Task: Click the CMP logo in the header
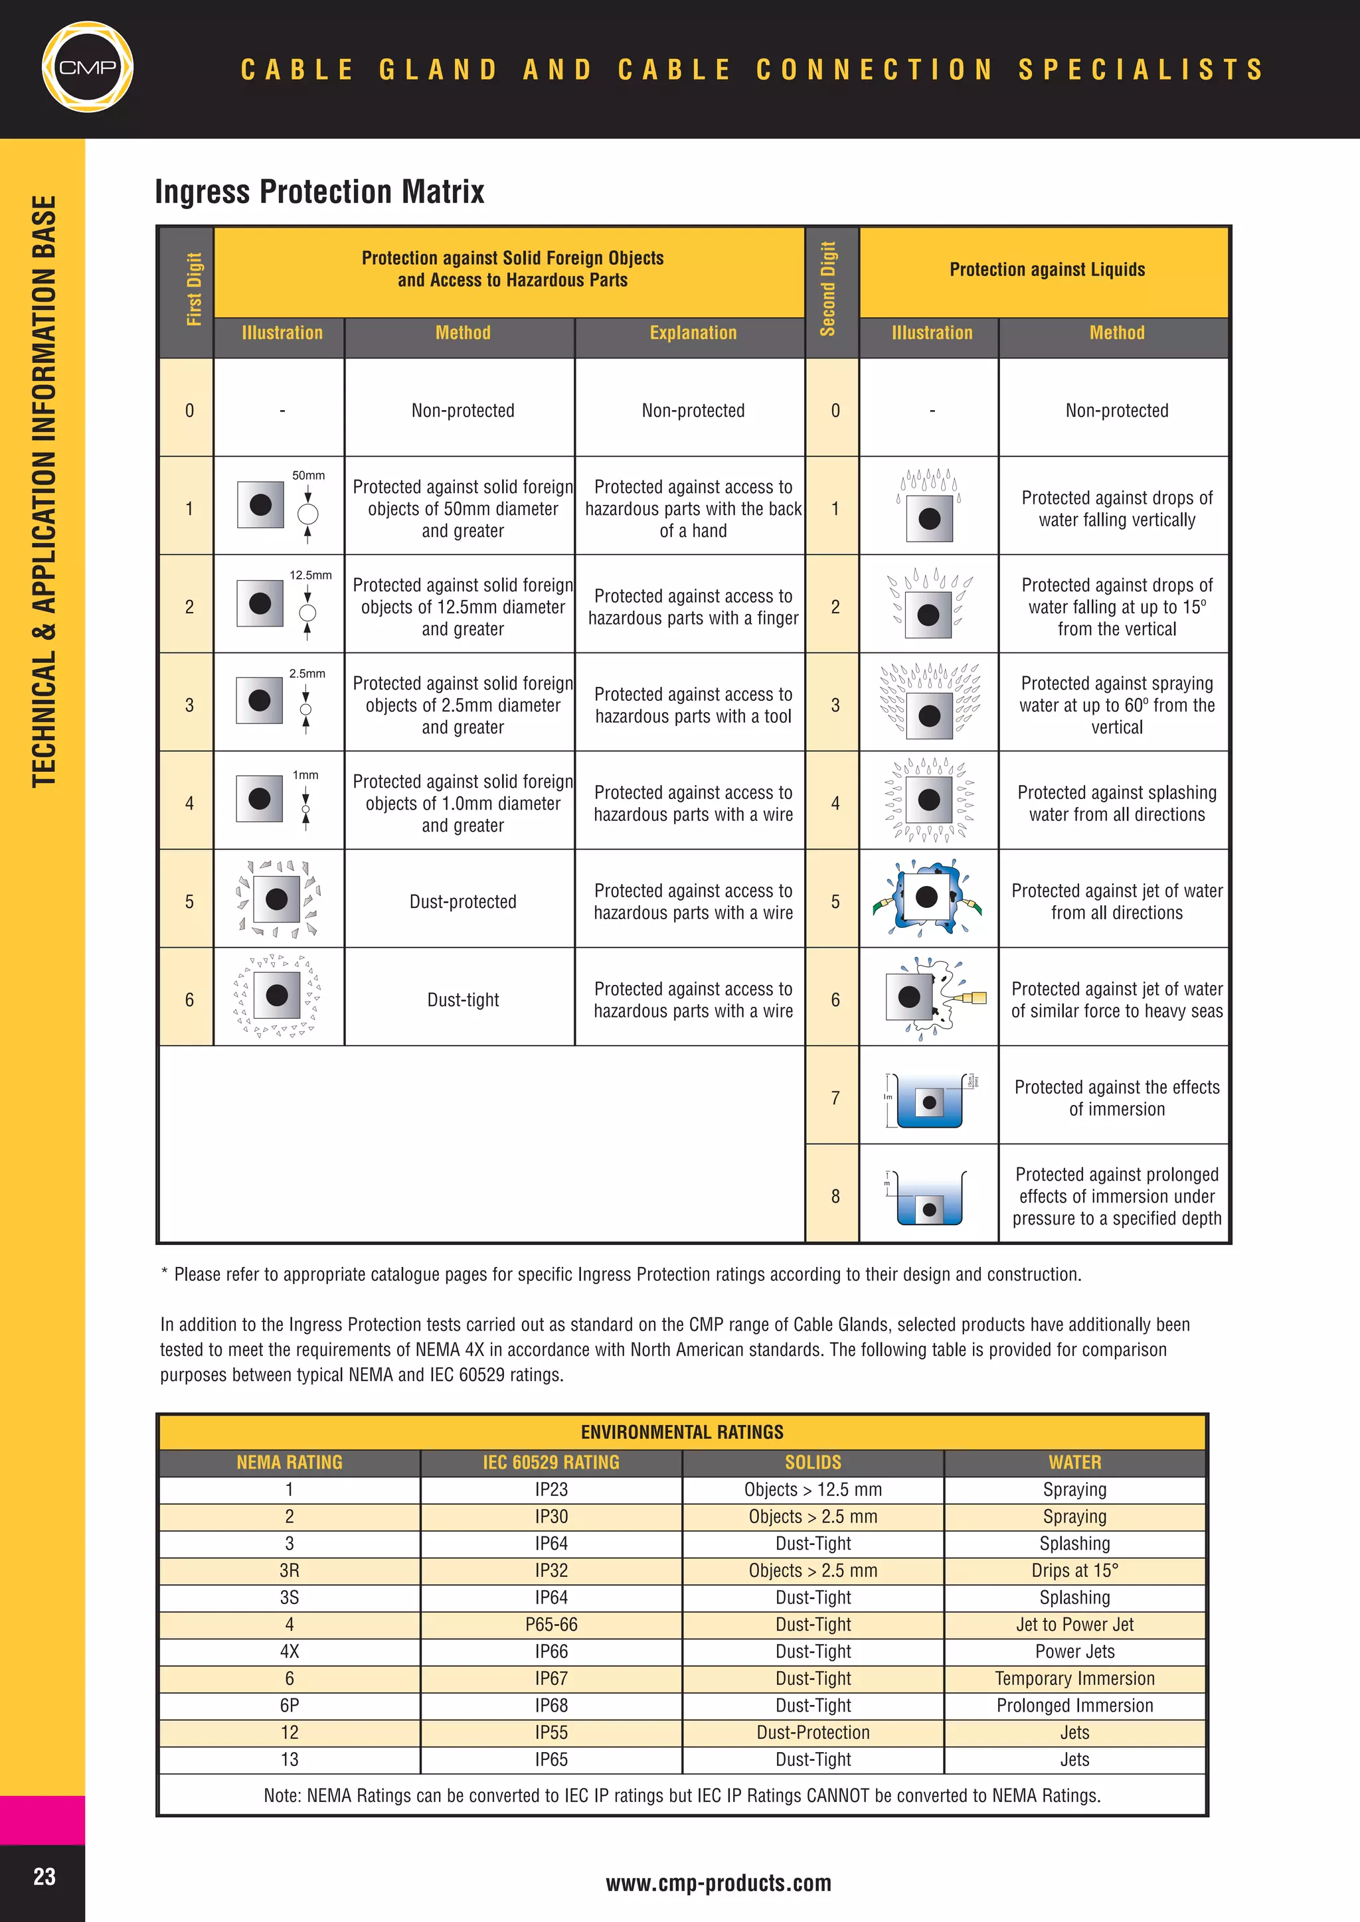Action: coord(87,67)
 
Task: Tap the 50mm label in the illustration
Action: coord(308,475)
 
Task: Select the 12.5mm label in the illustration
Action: coord(310,575)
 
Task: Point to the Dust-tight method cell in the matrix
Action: coord(462,999)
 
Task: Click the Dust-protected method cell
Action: coord(462,901)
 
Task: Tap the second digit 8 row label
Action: coord(834,1196)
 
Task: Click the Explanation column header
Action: coord(693,333)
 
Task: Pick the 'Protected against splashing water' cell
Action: coord(1116,803)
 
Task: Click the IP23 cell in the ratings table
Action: coord(551,1489)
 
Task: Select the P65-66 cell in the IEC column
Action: coord(551,1624)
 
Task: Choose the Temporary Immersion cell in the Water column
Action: coord(1074,1678)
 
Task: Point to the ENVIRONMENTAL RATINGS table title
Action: coord(682,1432)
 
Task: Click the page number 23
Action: coord(44,1876)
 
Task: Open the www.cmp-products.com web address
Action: coord(718,1883)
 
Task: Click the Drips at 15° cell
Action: coord(1074,1570)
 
